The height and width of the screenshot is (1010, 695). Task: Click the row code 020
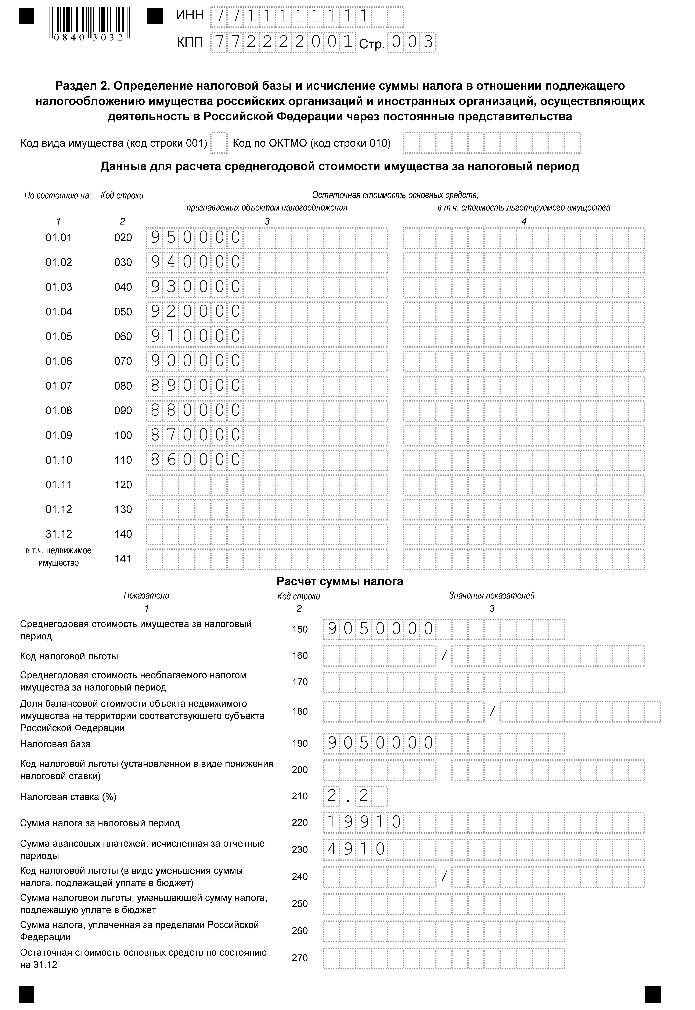coord(123,238)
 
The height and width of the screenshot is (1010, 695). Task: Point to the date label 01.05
coord(59,337)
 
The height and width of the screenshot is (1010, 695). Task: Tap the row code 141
coord(123,559)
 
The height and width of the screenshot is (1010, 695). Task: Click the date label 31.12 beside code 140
coord(59,534)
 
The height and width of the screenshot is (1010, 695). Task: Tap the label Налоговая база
coord(55,744)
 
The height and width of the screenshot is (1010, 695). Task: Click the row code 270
coord(300,958)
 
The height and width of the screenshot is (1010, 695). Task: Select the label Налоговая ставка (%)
coord(68,797)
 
